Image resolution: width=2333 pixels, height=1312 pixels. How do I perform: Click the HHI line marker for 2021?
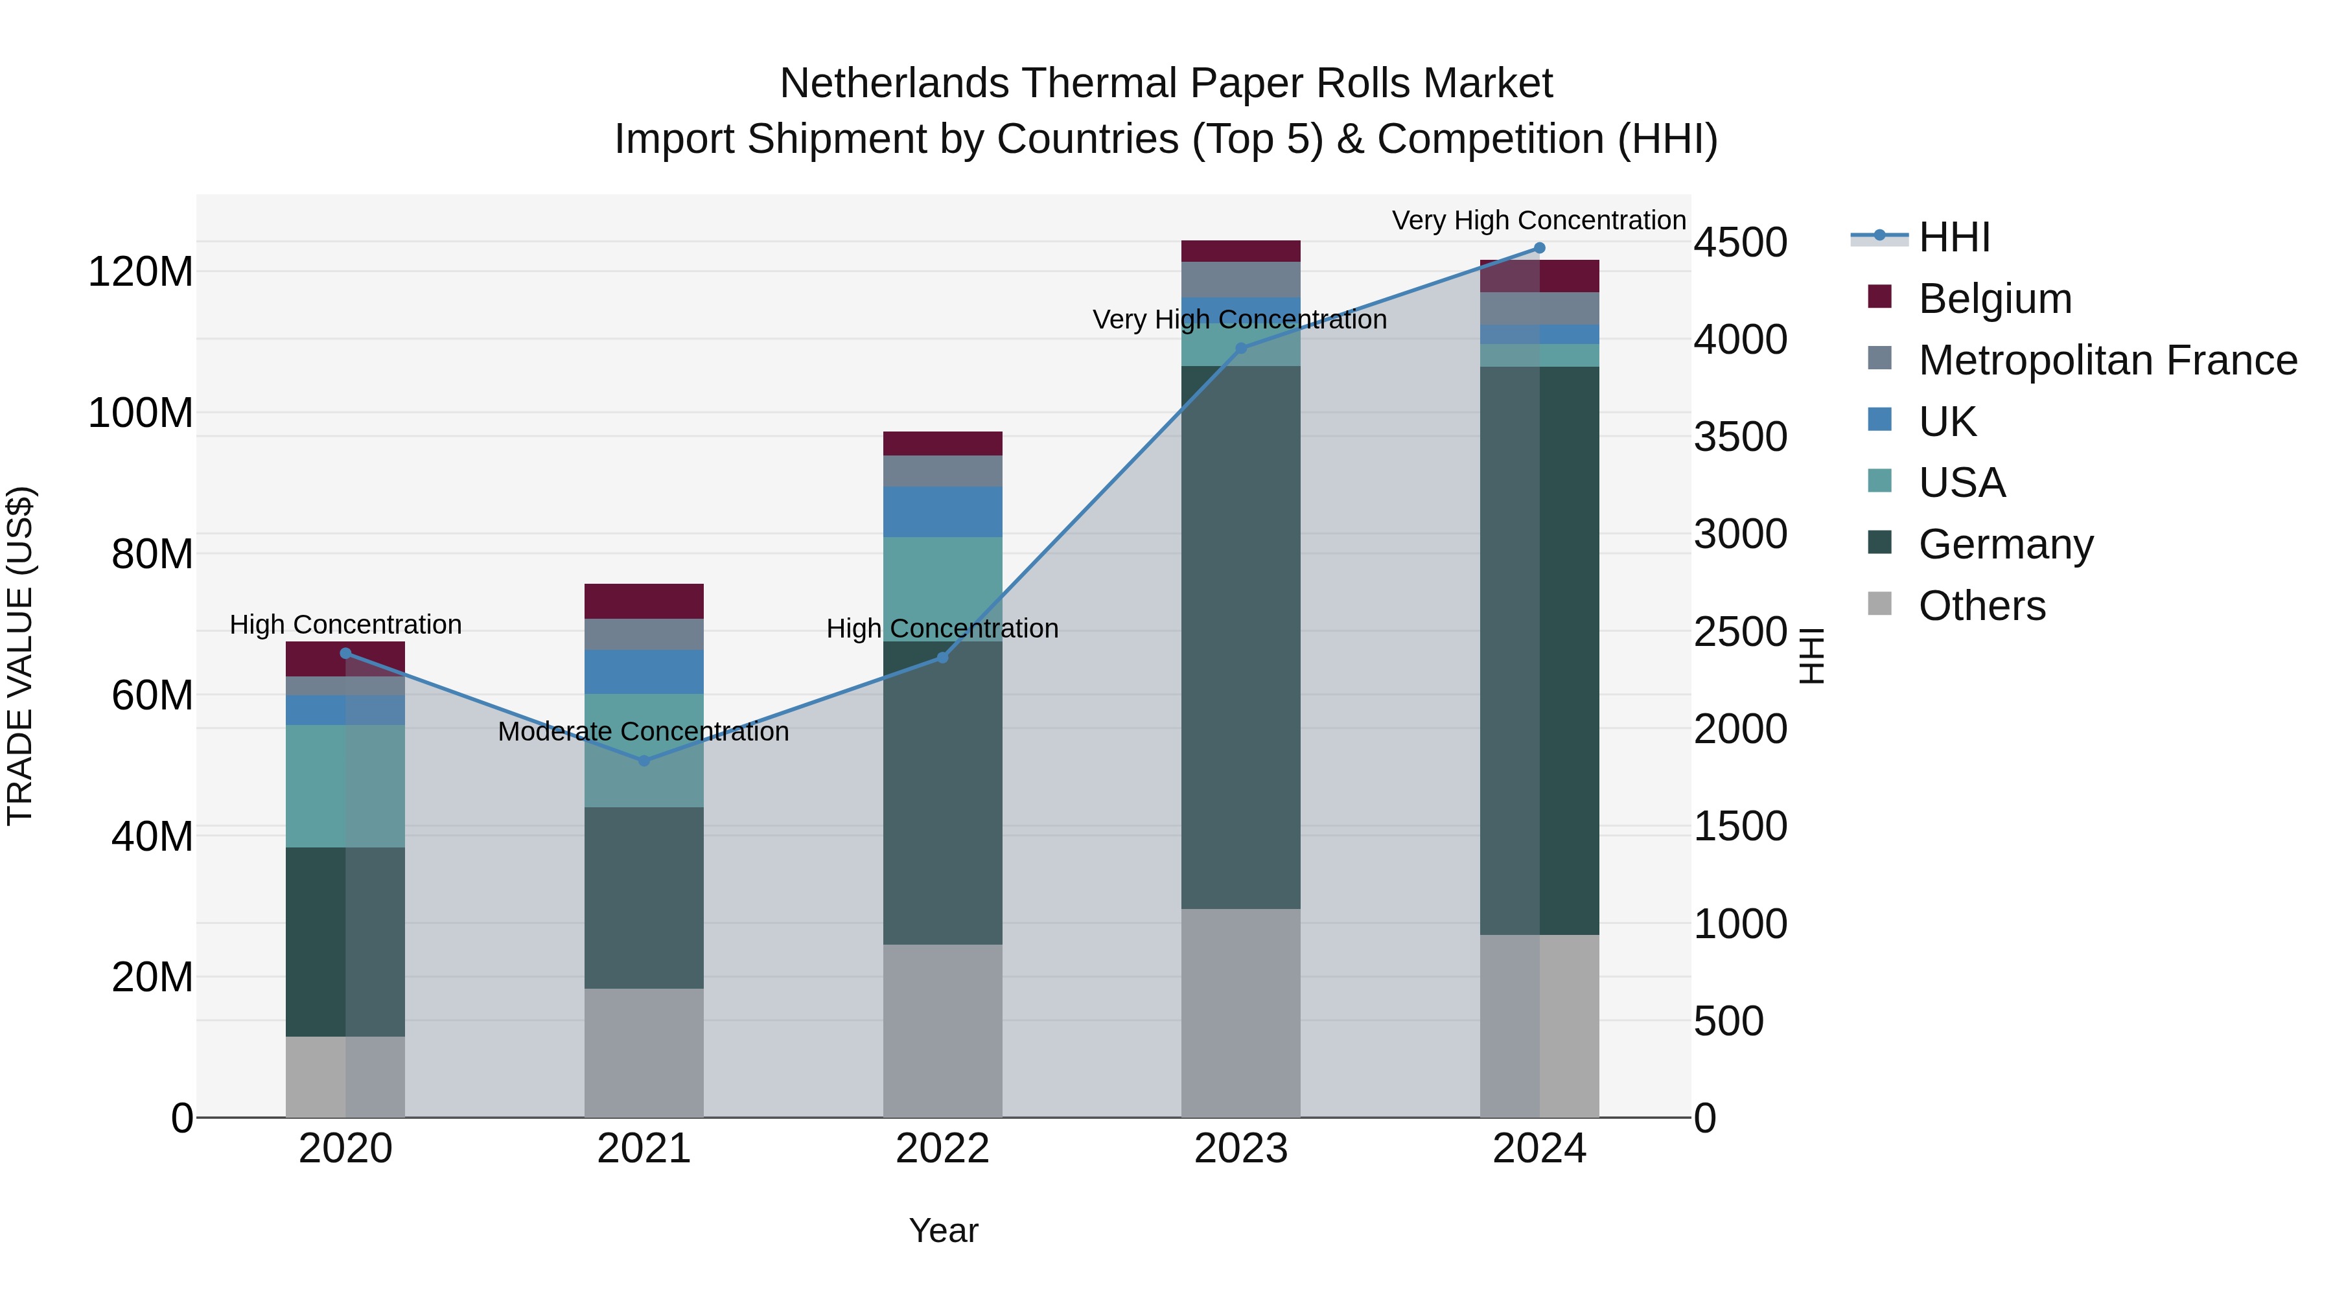click(x=644, y=761)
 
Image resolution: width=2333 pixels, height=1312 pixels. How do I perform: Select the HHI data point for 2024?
click(x=1538, y=248)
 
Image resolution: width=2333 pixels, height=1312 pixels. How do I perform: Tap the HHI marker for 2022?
click(x=942, y=658)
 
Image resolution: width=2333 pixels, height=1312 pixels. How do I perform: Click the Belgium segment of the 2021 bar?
click(x=644, y=601)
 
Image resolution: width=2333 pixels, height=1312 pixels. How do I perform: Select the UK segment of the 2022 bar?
click(x=942, y=512)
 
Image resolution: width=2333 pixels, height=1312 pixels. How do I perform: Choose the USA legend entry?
click(x=1962, y=483)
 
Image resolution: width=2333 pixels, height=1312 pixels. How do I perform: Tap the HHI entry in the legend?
click(x=1953, y=237)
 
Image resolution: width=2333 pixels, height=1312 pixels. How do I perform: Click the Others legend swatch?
click(x=1880, y=604)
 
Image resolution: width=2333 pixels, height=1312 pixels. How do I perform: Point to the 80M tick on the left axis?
click(x=152, y=554)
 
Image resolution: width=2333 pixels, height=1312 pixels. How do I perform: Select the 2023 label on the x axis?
click(x=1241, y=1149)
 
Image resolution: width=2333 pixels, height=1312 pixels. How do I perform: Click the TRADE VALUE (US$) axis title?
click(x=20, y=656)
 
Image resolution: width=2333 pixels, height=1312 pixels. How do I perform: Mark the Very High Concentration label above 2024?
click(x=1538, y=221)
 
